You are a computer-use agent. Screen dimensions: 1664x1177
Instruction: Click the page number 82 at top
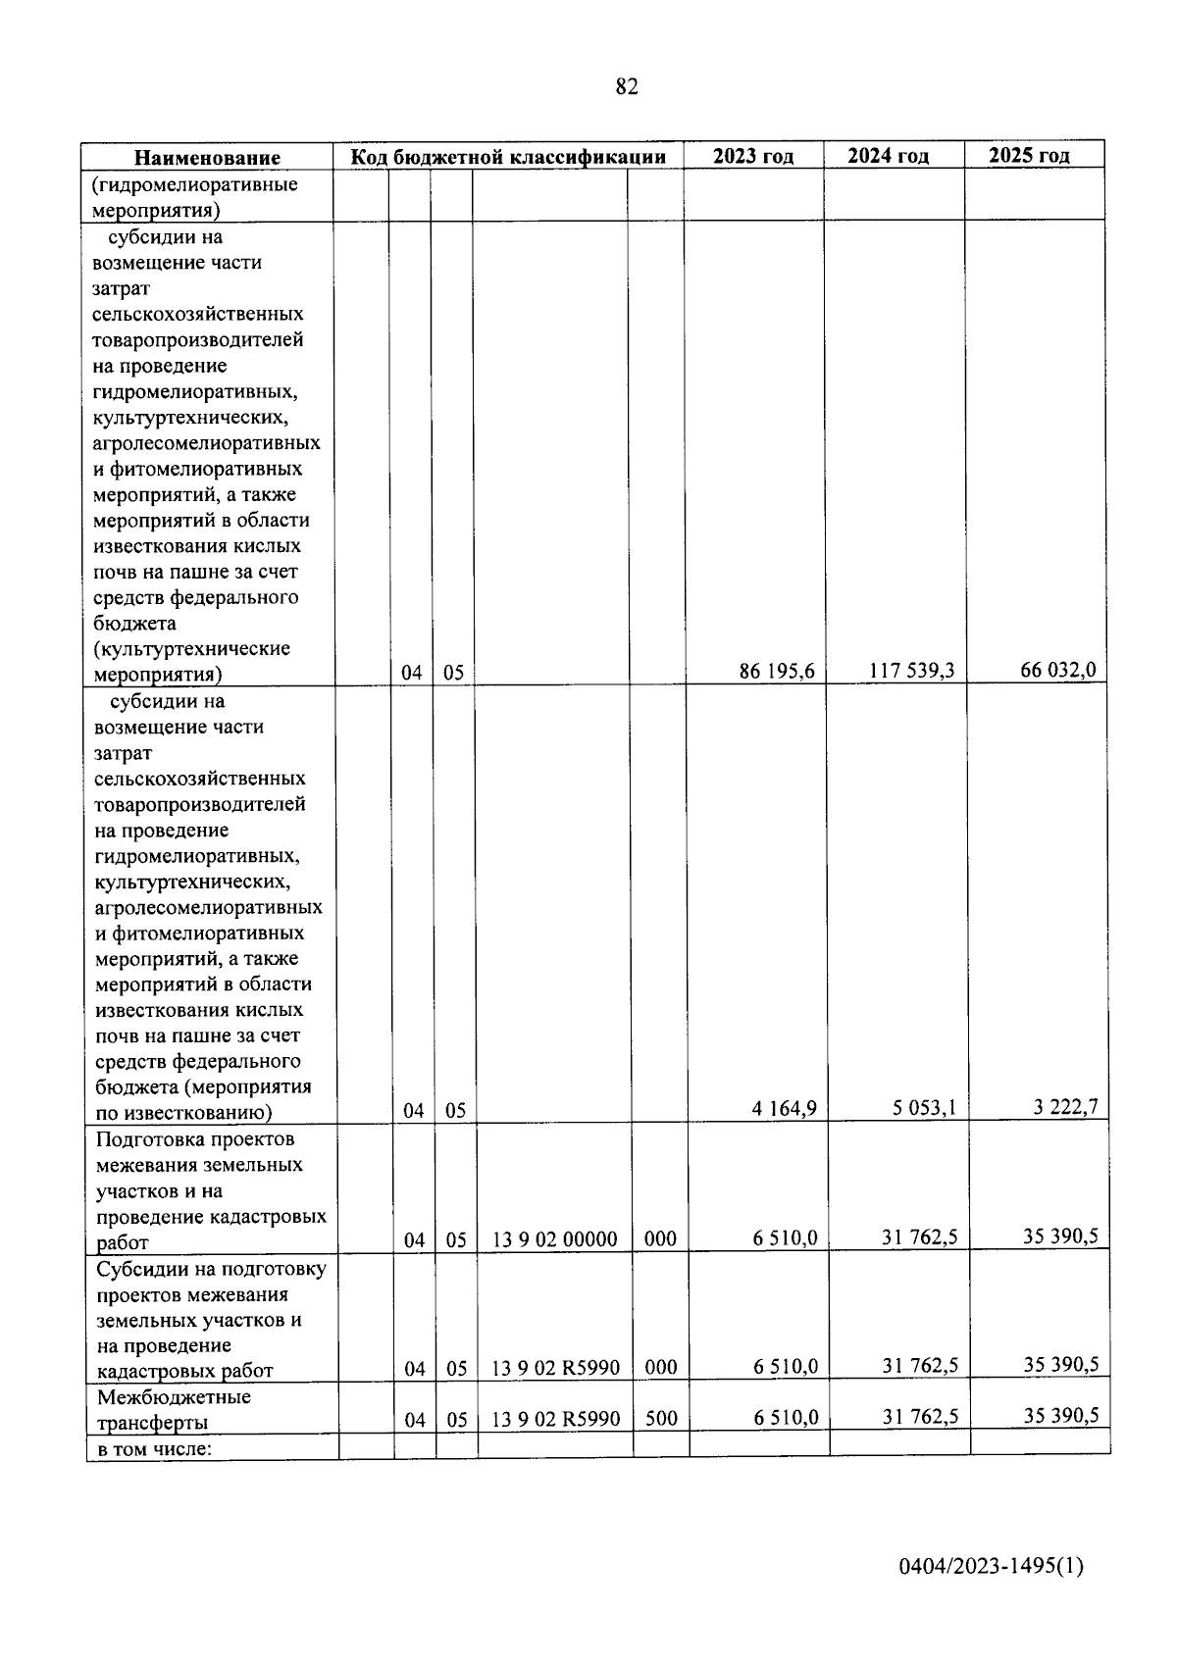click(x=627, y=87)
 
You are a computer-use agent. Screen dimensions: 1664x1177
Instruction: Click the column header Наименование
click(x=207, y=158)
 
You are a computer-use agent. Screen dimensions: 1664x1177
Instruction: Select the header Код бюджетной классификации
click(x=508, y=157)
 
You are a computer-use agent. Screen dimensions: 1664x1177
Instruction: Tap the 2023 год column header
click(x=752, y=157)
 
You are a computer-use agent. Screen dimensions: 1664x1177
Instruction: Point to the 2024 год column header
click(x=888, y=156)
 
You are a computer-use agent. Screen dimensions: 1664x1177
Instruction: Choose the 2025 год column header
click(x=1029, y=156)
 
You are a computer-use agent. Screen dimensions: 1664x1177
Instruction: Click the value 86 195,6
click(x=777, y=672)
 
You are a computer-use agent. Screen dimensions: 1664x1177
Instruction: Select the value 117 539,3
click(x=912, y=671)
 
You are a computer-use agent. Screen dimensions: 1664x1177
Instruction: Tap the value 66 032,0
click(x=1057, y=670)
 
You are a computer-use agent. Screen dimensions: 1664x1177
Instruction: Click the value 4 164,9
click(x=784, y=1109)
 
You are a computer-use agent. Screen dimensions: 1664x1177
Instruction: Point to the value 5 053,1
click(x=924, y=1108)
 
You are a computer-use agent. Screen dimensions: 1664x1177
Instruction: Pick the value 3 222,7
click(x=1064, y=1107)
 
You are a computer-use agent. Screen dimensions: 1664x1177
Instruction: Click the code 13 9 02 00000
click(x=554, y=1239)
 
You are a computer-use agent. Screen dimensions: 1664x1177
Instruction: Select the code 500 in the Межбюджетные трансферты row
click(x=661, y=1418)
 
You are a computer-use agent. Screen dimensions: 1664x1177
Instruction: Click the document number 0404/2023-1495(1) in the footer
click(x=991, y=1567)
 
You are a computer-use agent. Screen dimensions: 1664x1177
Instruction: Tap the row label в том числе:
click(x=154, y=1447)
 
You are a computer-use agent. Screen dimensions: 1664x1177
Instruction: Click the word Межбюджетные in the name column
click(x=174, y=1396)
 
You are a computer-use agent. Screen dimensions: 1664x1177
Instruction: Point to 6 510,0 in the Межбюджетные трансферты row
click(x=786, y=1418)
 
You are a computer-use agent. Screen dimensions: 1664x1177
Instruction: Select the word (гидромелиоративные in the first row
click(x=195, y=184)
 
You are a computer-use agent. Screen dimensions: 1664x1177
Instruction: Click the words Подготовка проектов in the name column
click(x=195, y=1139)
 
